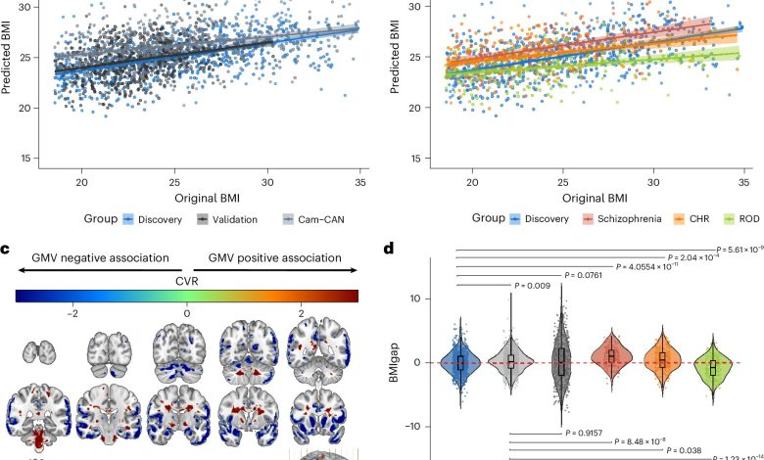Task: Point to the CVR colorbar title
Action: tap(186, 277)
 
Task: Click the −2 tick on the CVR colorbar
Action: tap(72, 313)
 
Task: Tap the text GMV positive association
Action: tap(275, 258)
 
